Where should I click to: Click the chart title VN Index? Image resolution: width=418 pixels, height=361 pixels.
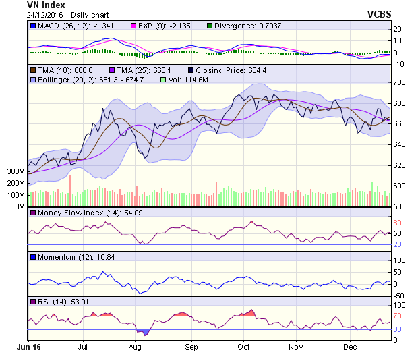[46, 5]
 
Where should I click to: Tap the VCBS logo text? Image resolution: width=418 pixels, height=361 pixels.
[379, 14]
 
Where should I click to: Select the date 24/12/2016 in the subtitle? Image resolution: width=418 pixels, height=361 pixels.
[44, 15]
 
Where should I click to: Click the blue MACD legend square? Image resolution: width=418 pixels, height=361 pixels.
[33, 26]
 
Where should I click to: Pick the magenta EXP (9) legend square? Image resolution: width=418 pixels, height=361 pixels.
[133, 26]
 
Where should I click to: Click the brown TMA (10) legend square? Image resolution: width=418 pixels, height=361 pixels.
[33, 70]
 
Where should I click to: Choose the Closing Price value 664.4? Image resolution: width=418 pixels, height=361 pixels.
[257, 70]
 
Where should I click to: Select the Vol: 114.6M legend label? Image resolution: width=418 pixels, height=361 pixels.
[188, 80]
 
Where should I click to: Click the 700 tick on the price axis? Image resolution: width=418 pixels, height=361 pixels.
[399, 82]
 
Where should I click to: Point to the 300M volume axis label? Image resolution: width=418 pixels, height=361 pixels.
[16, 171]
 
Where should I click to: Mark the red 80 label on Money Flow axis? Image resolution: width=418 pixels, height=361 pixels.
[397, 223]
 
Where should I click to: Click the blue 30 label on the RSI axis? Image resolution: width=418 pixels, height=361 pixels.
[397, 329]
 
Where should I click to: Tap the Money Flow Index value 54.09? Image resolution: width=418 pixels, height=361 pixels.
[133, 213]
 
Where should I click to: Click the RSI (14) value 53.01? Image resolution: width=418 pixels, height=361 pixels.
[80, 302]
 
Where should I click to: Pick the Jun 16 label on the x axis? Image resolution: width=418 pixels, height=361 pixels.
[29, 347]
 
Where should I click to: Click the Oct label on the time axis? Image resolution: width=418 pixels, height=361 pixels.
[243, 347]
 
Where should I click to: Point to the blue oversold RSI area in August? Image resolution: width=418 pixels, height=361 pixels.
[144, 332]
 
